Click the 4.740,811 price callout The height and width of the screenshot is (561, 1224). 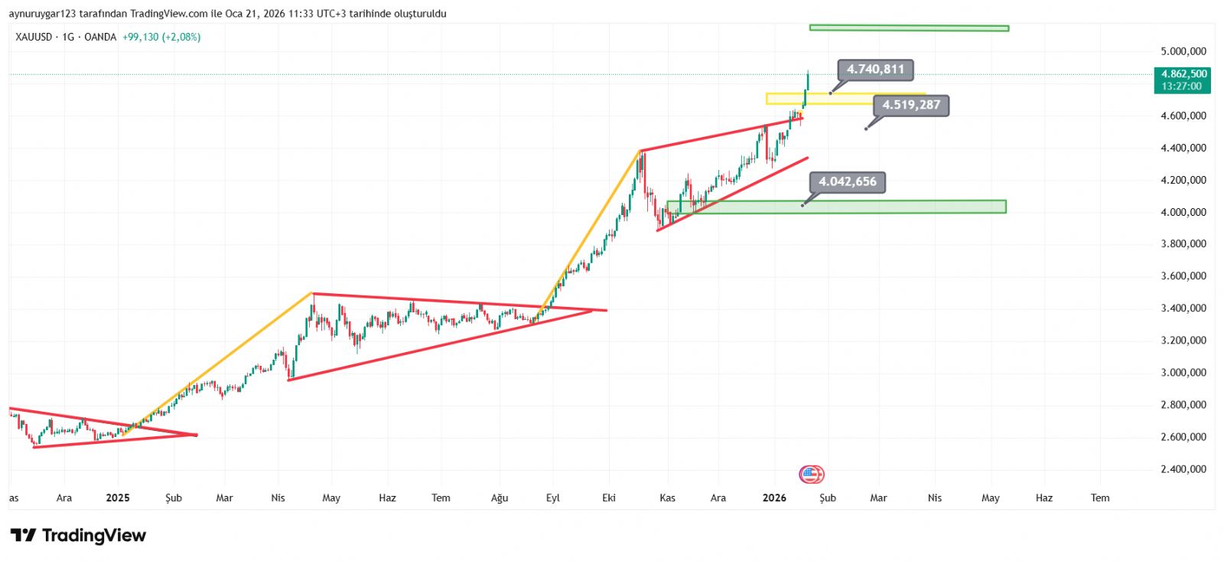(875, 70)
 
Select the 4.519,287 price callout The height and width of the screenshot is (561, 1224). (910, 106)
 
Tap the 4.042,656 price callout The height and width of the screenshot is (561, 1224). (848, 182)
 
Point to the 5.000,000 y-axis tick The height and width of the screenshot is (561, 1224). (1183, 51)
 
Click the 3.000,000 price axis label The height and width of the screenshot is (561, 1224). (1183, 373)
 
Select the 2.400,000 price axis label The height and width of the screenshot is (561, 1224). (1183, 469)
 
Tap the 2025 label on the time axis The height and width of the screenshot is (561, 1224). (118, 498)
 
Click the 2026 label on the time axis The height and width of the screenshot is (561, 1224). (774, 498)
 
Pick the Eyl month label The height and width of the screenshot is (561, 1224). (552, 498)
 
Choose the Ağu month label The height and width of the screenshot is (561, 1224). (500, 498)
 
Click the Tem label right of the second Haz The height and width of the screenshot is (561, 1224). (1099, 498)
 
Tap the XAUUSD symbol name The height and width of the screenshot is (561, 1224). (34, 37)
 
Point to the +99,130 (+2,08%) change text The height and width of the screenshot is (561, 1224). (161, 37)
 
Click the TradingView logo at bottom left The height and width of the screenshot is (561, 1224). (78, 536)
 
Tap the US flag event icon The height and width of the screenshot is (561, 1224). (811, 475)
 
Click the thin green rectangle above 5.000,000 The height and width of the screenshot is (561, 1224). (909, 28)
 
